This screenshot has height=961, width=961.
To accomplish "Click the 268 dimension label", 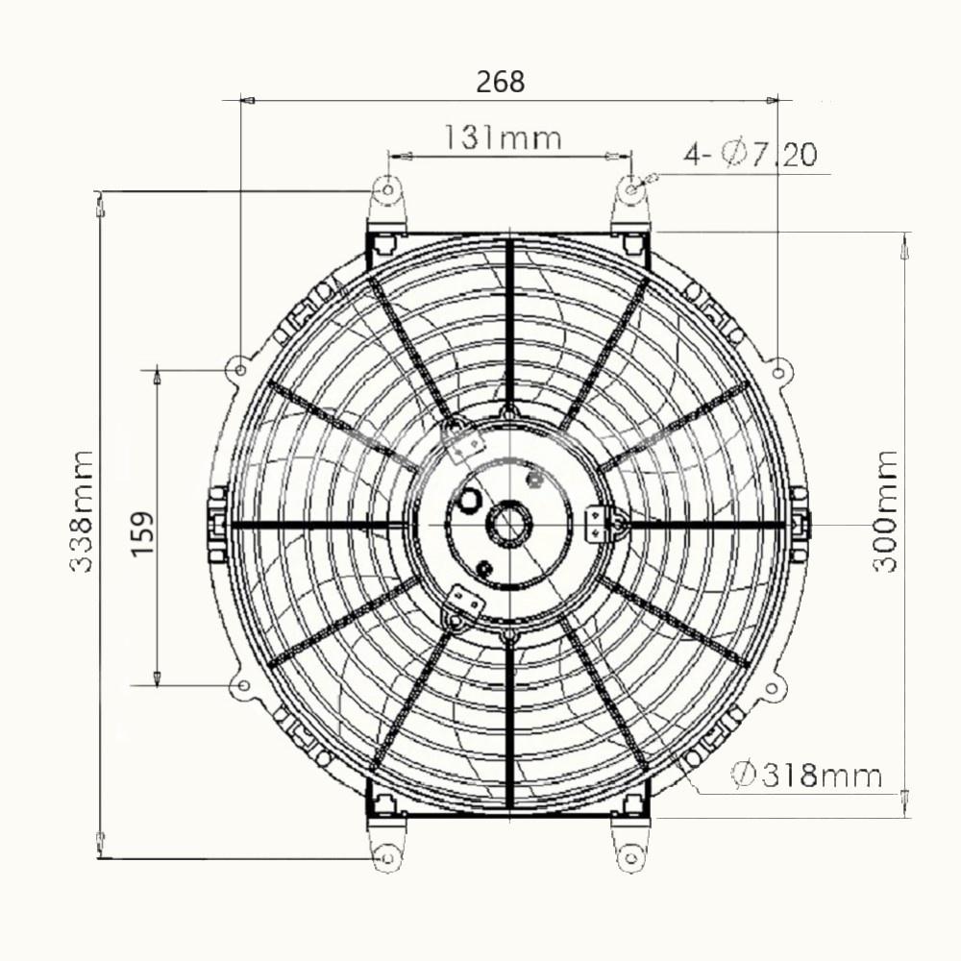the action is click(x=500, y=82).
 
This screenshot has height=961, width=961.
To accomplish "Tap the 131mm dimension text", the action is click(x=502, y=138).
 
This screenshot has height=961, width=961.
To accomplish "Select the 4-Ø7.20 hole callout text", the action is click(x=751, y=154).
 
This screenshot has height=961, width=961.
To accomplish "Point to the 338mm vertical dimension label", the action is click(x=82, y=512).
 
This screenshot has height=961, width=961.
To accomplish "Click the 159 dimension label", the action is click(x=143, y=533).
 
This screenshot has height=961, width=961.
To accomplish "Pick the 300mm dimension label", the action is click(x=884, y=511).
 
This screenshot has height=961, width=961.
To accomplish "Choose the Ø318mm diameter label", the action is click(x=806, y=776).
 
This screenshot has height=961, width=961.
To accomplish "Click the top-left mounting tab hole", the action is click(x=387, y=190).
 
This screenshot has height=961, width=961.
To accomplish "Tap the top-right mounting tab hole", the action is click(x=631, y=189).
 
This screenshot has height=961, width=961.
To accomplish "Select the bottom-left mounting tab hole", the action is click(x=386, y=858).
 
